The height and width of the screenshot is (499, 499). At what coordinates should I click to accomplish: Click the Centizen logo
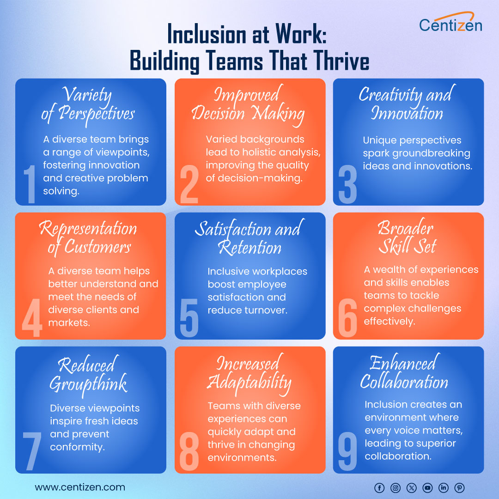click(450, 23)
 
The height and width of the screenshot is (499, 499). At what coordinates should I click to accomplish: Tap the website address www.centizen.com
click(80, 487)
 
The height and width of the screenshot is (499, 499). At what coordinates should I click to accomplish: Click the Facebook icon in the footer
click(379, 487)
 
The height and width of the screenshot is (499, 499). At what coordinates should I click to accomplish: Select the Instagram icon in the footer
click(396, 487)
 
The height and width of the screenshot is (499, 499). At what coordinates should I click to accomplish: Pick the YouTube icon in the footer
click(427, 487)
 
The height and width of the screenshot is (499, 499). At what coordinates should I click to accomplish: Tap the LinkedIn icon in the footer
click(444, 487)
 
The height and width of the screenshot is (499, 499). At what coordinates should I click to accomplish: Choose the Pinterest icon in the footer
click(459, 487)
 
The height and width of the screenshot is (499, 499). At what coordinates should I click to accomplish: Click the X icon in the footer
click(411, 487)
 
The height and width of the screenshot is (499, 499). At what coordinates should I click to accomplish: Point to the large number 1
click(30, 185)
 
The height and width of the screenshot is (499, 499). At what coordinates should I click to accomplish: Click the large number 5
click(189, 319)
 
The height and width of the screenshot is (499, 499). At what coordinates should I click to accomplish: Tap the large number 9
click(348, 453)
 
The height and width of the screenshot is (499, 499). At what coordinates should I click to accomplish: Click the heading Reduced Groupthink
click(88, 374)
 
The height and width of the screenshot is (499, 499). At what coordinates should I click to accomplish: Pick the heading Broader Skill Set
click(407, 237)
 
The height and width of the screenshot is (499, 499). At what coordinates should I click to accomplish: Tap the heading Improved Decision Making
click(248, 104)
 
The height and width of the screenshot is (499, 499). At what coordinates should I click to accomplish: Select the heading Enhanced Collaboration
click(405, 372)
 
